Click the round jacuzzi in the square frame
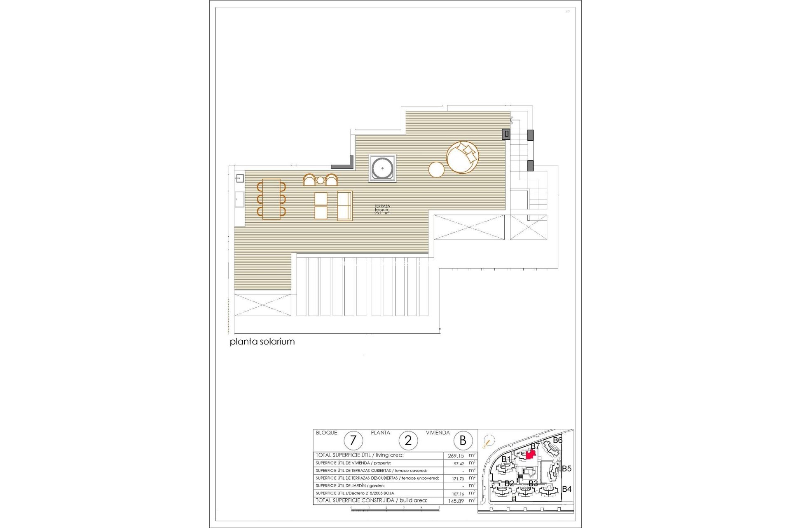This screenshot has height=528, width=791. (382, 168)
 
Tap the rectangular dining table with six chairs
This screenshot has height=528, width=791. (271, 199)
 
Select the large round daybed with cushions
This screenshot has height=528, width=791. (463, 157)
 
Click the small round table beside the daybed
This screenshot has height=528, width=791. (436, 170)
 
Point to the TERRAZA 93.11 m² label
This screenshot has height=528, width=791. (382, 209)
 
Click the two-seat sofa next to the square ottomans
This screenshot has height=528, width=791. (345, 205)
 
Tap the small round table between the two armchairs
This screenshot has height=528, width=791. (320, 181)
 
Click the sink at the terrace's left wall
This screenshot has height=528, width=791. (239, 179)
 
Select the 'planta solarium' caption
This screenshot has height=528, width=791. (262, 342)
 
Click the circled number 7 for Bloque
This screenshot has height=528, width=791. (353, 441)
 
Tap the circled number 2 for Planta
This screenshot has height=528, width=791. (408, 441)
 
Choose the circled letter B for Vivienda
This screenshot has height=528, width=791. (463, 441)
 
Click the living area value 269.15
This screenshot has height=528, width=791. (456, 456)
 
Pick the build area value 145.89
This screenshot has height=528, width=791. (456, 501)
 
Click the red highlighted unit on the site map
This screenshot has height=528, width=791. (531, 455)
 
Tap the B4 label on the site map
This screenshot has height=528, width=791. (566, 489)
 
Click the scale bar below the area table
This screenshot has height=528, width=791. (395, 510)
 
